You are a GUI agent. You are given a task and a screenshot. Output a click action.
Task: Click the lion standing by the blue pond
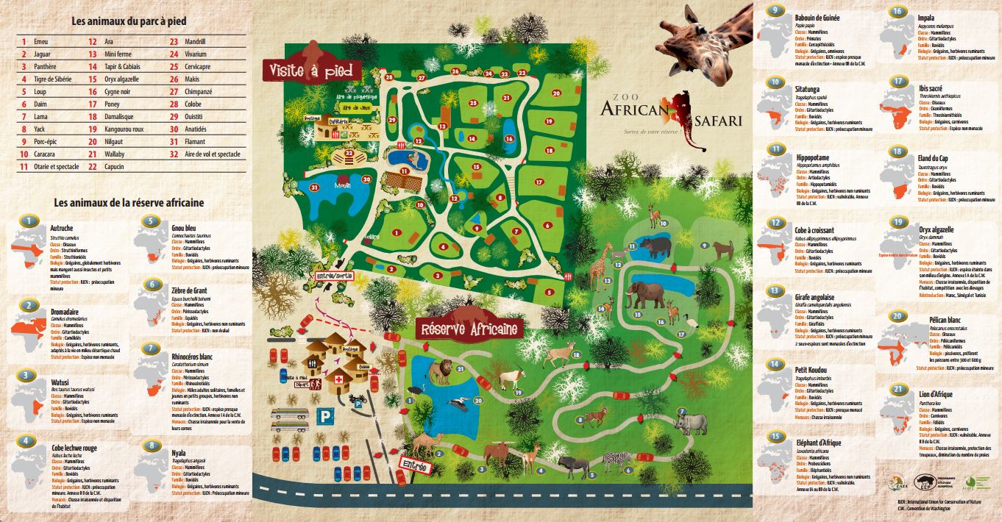coord(441,372)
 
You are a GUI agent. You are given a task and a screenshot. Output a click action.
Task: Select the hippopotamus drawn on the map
coord(654,246)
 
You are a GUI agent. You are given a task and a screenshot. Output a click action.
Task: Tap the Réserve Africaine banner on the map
coord(469,329)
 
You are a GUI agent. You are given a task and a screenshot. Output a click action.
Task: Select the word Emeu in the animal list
coord(41,41)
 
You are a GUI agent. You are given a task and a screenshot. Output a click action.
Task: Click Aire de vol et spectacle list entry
coord(213,154)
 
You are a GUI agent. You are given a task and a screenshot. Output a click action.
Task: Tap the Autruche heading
coord(61,228)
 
